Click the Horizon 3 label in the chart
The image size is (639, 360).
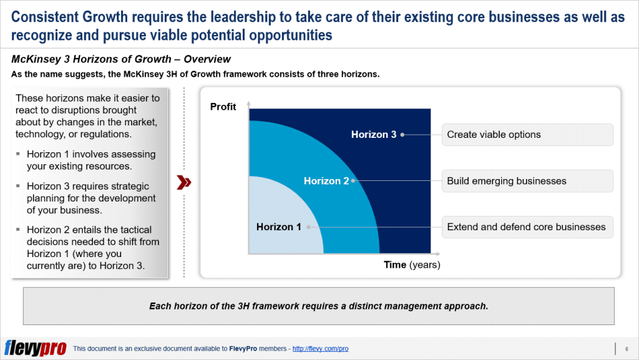[x=373, y=135]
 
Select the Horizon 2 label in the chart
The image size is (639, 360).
[x=326, y=181]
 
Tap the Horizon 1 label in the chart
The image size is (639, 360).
[x=278, y=227]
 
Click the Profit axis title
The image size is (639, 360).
[x=223, y=107]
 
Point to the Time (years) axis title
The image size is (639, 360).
[x=412, y=265]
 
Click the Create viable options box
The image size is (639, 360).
[x=527, y=135]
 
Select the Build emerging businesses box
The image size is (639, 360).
[x=527, y=181]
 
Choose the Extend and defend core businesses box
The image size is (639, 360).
[x=527, y=227]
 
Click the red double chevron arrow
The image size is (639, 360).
[x=184, y=182]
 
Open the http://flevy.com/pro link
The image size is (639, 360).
[x=320, y=349]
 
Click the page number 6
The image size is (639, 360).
[x=626, y=348]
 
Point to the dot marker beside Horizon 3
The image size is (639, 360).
[x=402, y=135]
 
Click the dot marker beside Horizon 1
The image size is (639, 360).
[x=308, y=227]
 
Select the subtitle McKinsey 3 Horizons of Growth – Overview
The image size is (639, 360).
[x=121, y=59]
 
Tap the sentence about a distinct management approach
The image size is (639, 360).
[x=318, y=306]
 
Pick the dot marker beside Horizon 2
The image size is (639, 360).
[x=353, y=181]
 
